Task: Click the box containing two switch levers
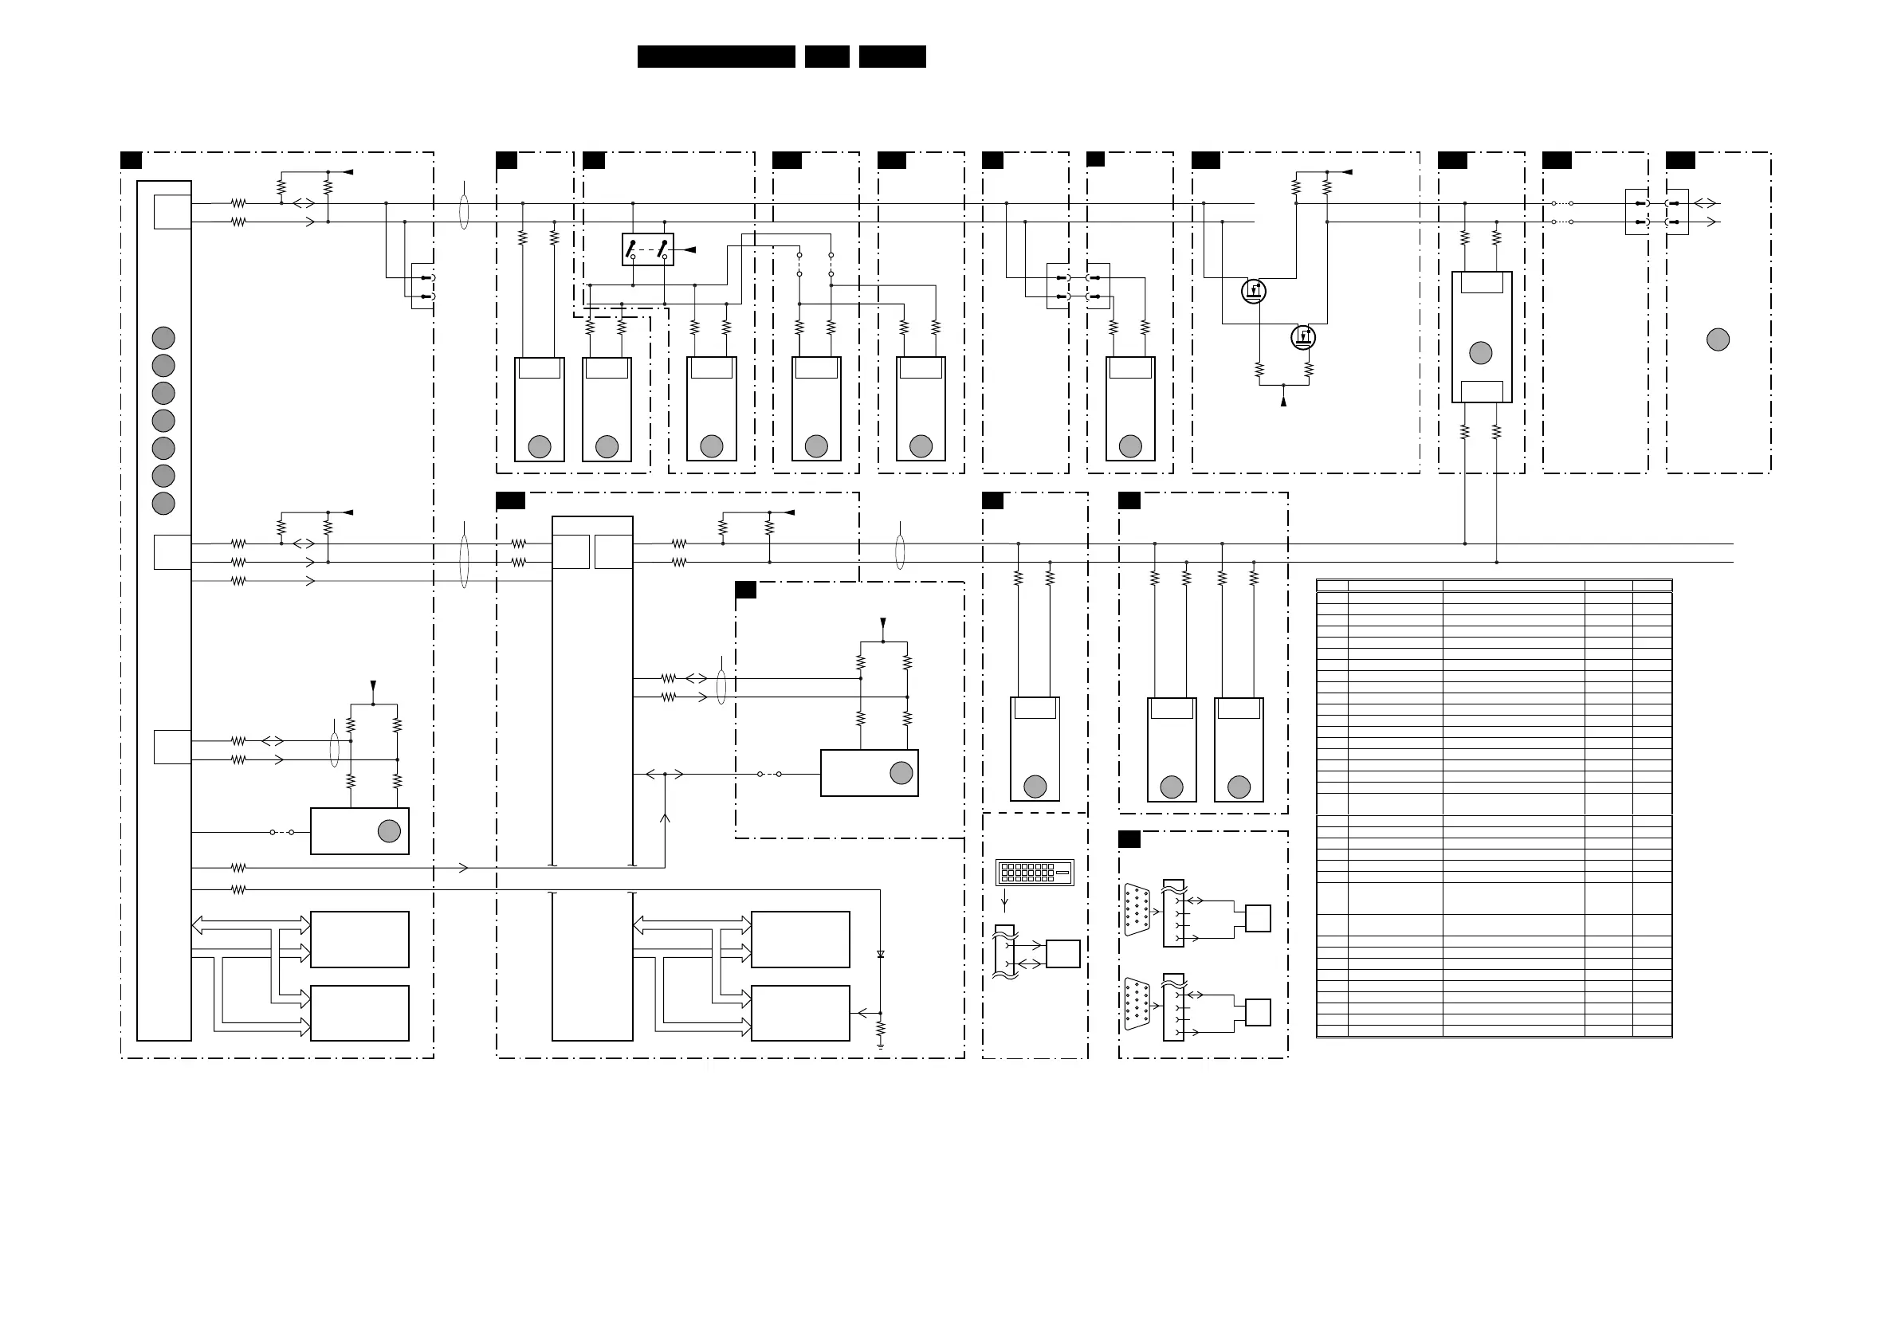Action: pyautogui.click(x=647, y=249)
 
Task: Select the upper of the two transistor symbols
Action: pyautogui.click(x=1253, y=290)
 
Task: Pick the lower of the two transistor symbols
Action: pyautogui.click(x=1302, y=337)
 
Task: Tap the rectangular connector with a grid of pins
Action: pyautogui.click(x=1035, y=872)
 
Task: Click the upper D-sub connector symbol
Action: pyautogui.click(x=1138, y=910)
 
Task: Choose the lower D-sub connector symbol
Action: pyautogui.click(x=1138, y=1004)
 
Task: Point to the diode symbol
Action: pyautogui.click(x=880, y=955)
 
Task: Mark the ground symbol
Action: pyautogui.click(x=880, y=1047)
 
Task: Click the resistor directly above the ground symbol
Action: pyautogui.click(x=880, y=1030)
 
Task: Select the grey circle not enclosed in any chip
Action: pyautogui.click(x=1718, y=339)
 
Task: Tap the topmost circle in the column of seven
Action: pyautogui.click(x=163, y=338)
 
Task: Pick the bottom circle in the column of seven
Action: pyautogui.click(x=163, y=504)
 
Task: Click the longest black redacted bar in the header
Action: pyautogui.click(x=716, y=57)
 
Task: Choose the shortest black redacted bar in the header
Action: pyautogui.click(x=827, y=57)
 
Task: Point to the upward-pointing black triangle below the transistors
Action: pyautogui.click(x=1284, y=401)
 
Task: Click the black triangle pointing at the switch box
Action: pyautogui.click(x=690, y=249)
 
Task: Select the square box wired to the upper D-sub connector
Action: pyautogui.click(x=1257, y=918)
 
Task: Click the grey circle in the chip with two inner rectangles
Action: pyautogui.click(x=1480, y=353)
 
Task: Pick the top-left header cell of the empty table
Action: pyautogui.click(x=1332, y=585)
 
